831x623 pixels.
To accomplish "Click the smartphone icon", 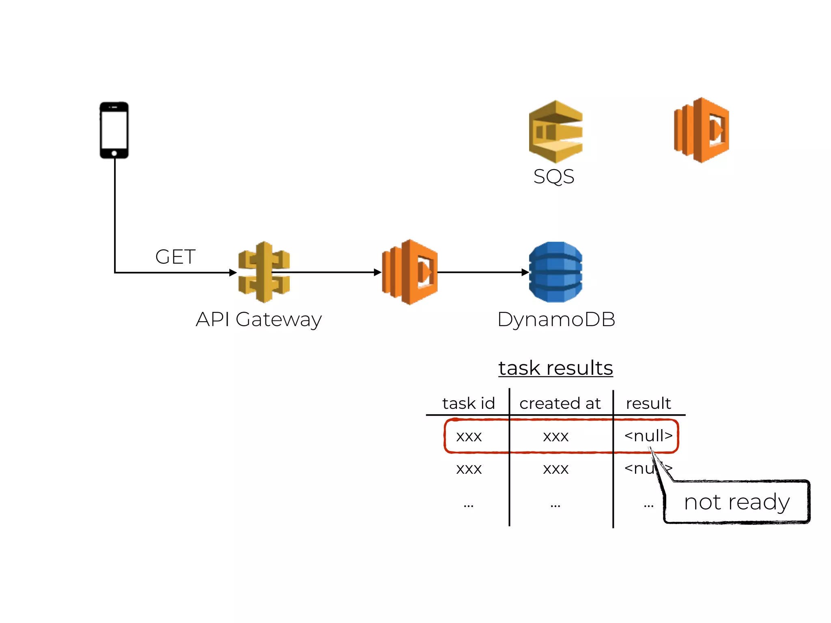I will click(x=114, y=130).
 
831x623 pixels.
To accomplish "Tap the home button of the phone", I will click(x=114, y=153).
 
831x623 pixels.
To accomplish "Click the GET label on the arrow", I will click(x=175, y=257).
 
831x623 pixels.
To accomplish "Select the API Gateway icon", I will click(x=264, y=272).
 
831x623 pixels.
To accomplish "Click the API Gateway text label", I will click(x=258, y=319).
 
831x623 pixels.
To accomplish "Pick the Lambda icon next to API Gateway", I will click(x=410, y=272).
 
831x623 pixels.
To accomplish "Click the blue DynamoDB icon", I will click(x=555, y=272).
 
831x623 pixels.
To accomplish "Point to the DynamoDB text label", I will click(x=556, y=319).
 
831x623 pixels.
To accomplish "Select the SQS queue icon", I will click(x=555, y=131).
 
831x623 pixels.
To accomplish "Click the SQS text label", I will click(x=553, y=176).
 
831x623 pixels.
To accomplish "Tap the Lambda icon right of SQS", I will click(x=702, y=130).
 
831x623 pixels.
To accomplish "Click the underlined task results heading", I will click(x=555, y=368).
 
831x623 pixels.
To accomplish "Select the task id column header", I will click(x=468, y=403).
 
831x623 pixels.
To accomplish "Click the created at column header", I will click(x=560, y=403).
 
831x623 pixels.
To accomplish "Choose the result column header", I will click(x=648, y=403).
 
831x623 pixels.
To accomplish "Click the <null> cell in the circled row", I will click(x=648, y=436).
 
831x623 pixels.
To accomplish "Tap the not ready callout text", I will click(x=736, y=502).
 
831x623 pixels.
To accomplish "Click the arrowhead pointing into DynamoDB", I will click(x=525, y=273).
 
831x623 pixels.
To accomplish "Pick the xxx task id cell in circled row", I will click(x=469, y=436).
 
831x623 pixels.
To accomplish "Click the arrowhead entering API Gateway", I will click(x=233, y=273).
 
